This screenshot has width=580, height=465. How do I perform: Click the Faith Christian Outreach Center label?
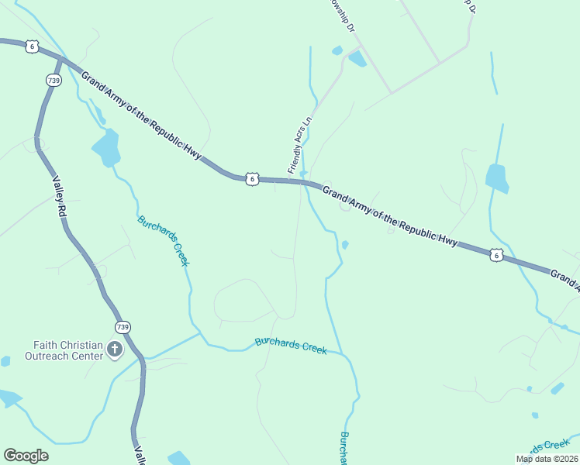(x=68, y=350)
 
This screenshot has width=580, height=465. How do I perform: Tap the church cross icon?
(x=115, y=350)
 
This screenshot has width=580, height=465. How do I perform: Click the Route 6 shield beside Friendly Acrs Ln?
(x=252, y=179)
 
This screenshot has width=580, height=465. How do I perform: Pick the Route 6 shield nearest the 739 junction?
(x=32, y=46)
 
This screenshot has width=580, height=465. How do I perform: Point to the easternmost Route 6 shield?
(x=495, y=254)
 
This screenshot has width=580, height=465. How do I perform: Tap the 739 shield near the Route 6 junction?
(x=54, y=80)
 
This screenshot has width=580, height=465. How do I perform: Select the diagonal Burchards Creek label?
(x=164, y=240)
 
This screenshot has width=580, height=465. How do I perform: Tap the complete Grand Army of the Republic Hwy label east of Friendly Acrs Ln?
(x=390, y=216)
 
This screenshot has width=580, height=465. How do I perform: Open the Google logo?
(x=26, y=456)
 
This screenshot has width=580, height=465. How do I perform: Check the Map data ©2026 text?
(x=546, y=459)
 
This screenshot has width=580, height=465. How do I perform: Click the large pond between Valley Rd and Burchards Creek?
(x=106, y=147)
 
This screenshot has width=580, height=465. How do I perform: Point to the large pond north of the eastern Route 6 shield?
(x=497, y=177)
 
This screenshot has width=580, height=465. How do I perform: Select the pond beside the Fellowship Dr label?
(x=357, y=59)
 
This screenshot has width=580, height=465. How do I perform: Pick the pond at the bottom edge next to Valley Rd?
(x=179, y=458)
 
